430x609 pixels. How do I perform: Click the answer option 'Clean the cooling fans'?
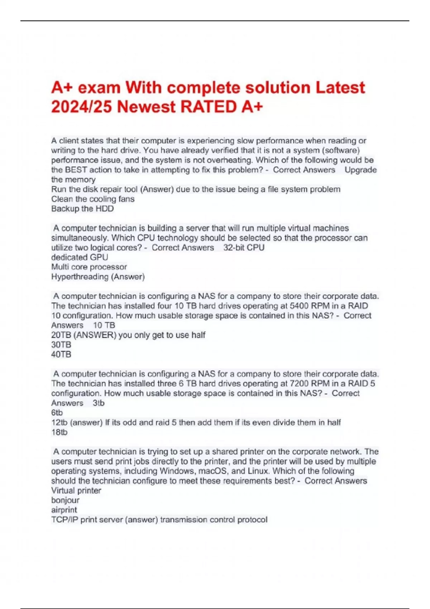click(x=93, y=199)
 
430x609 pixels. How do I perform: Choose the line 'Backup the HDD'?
click(x=82, y=209)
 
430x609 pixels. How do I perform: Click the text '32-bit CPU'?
click(x=244, y=248)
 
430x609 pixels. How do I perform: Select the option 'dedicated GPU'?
click(x=80, y=257)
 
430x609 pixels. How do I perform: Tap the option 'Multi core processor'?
click(x=89, y=267)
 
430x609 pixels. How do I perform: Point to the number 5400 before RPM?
click(x=299, y=306)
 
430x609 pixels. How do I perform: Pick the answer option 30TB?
click(x=61, y=345)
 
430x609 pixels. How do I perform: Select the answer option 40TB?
click(x=61, y=354)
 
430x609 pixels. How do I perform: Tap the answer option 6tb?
click(x=57, y=413)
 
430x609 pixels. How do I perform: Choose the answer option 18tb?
click(x=59, y=432)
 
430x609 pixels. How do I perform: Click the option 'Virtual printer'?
click(x=76, y=490)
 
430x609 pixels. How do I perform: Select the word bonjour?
click(x=65, y=500)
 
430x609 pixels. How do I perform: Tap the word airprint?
click(x=64, y=510)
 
